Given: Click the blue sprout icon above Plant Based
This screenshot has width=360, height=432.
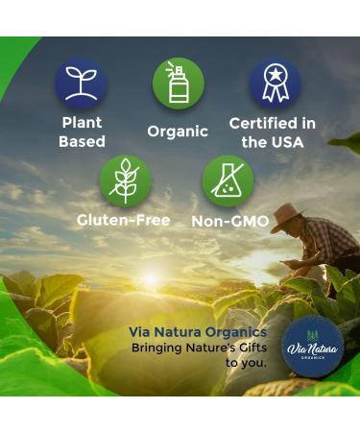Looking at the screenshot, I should click(x=81, y=84).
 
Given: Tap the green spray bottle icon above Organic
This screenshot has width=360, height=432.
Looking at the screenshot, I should click(x=179, y=84).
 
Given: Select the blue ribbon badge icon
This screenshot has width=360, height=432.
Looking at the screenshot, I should click(x=275, y=84).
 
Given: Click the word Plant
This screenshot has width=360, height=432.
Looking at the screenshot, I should click(x=82, y=123).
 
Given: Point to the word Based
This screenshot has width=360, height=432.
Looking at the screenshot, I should click(x=82, y=142).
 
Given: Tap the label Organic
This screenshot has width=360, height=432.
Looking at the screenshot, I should click(x=178, y=132).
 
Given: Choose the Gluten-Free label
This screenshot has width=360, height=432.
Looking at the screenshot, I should click(x=124, y=220).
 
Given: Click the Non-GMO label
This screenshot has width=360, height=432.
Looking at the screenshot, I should click(x=229, y=221).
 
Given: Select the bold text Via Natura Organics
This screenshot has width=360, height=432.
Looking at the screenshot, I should click(x=198, y=332).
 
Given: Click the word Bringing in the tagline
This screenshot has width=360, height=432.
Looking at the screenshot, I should click(x=160, y=348).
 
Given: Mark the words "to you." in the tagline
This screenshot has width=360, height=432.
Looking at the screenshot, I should click(x=246, y=363).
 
